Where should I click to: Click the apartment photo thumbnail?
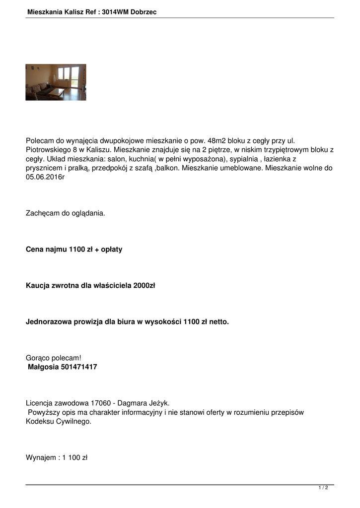click(x=56, y=82)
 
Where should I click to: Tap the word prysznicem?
click(x=46, y=168)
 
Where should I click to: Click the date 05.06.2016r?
click(x=45, y=178)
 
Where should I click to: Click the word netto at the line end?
click(x=218, y=321)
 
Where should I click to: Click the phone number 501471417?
click(x=79, y=367)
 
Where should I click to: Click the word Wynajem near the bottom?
click(x=40, y=457)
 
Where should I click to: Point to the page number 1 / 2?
click(x=323, y=488)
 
